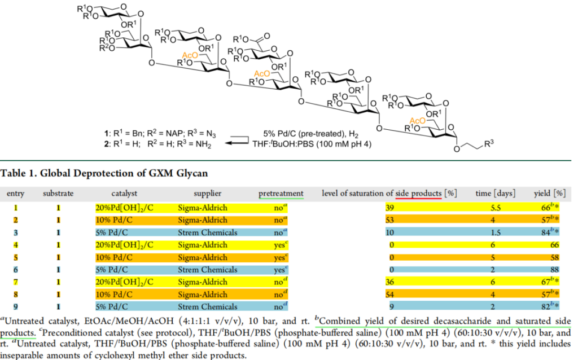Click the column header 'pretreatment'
coord(281,194)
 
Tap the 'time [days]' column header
coord(495,194)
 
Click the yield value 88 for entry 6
coord(559,269)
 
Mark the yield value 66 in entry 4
coord(559,244)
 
